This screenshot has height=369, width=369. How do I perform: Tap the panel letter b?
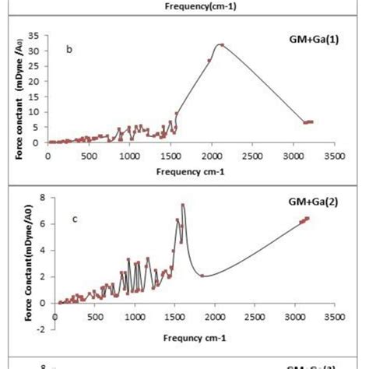pyautogui.click(x=69, y=49)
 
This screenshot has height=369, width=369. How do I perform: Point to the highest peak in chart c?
pyautogui.click(x=183, y=206)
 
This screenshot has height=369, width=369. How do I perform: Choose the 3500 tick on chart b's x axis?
pyautogui.click(x=334, y=156)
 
